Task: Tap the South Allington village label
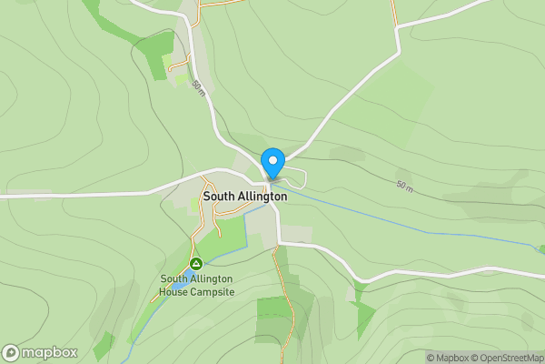point(244,196)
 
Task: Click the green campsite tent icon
point(194,264)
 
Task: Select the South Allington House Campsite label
point(197,285)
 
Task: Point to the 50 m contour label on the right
point(405,187)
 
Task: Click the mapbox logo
point(40,352)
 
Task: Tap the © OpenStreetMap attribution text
point(505,357)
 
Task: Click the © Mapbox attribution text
point(446,357)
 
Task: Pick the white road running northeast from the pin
point(345,100)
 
